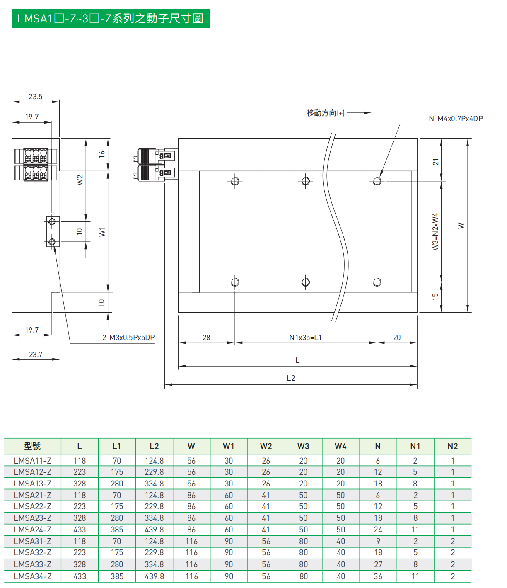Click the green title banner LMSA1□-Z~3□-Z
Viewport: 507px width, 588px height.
tap(111, 19)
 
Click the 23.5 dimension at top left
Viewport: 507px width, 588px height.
tap(35, 97)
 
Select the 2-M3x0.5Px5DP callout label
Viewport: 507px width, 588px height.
tap(128, 338)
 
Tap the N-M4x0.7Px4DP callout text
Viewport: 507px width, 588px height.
tap(456, 119)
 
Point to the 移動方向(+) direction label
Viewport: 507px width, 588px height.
tap(325, 113)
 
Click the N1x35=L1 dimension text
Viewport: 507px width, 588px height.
tap(305, 338)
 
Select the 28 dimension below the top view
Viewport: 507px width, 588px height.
tap(206, 338)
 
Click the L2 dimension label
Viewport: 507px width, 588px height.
tap(291, 378)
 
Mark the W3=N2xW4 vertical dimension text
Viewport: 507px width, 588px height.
tap(435, 232)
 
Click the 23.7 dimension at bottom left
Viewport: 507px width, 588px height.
tap(36, 355)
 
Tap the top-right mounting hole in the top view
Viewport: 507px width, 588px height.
tap(377, 181)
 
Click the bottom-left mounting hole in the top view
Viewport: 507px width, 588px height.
tap(235, 282)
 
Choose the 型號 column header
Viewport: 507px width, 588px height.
tap(32, 446)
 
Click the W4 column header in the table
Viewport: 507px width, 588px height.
tap(340, 446)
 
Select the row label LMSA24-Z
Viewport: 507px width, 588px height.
tap(32, 530)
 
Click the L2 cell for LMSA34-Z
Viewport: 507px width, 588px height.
tap(154, 576)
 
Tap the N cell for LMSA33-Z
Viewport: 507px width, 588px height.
tap(378, 564)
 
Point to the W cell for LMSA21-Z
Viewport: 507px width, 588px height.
tap(191, 495)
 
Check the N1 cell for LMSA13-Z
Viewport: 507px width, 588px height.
tap(415, 484)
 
